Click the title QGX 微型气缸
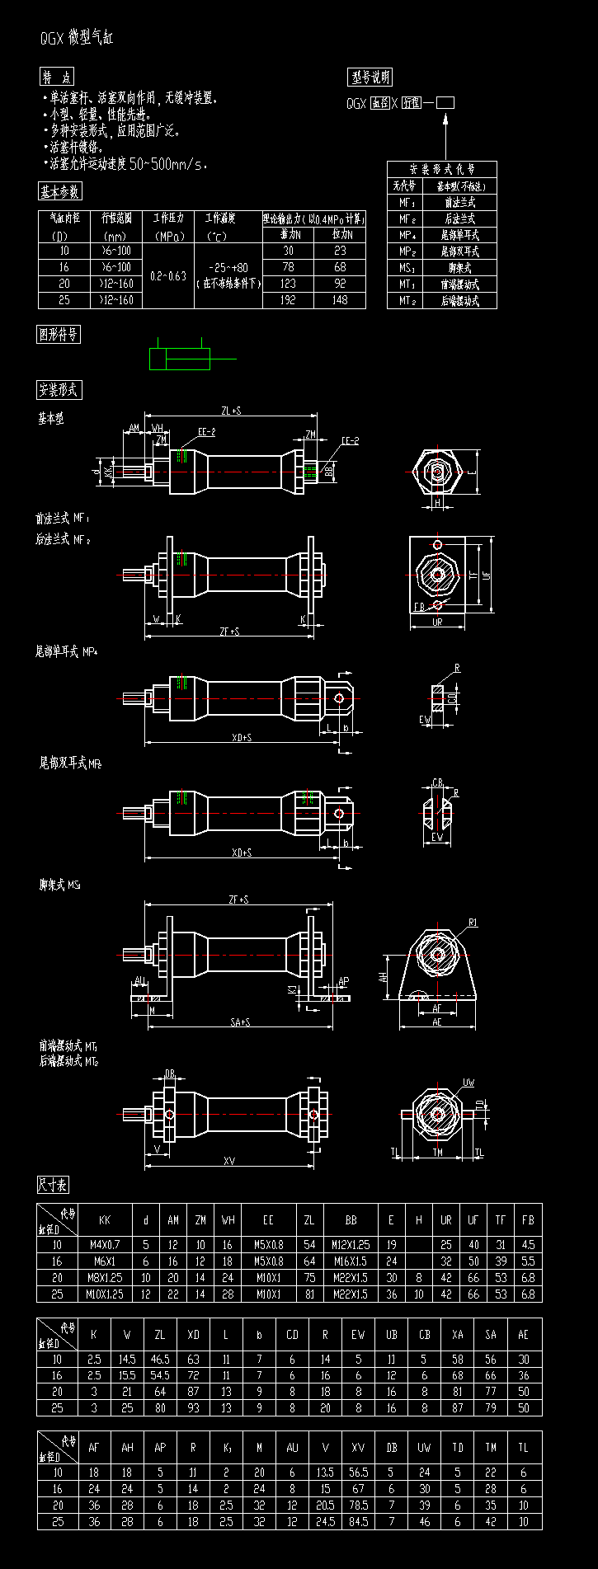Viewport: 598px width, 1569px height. coord(78,38)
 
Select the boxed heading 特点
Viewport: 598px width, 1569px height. coord(58,77)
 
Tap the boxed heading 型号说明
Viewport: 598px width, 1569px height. coord(370,78)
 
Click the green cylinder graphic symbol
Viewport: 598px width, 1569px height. coord(180,359)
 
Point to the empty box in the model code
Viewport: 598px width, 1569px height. coord(445,103)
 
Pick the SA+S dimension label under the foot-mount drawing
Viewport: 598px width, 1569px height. coord(240,1022)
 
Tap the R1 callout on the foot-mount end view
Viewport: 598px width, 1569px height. coord(473,923)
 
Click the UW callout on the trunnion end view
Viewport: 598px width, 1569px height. coord(469,1083)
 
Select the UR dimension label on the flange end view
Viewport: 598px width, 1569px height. coord(437,622)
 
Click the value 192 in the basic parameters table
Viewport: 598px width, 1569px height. coord(288,300)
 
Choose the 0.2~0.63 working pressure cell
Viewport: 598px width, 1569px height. coord(168,275)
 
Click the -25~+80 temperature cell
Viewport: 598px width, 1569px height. coord(228,268)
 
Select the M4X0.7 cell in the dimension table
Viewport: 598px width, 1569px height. coord(104,1245)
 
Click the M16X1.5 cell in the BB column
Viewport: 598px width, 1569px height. coord(351,1261)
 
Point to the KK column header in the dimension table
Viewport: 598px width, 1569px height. coord(104,1220)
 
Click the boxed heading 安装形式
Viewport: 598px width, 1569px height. coord(59,390)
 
